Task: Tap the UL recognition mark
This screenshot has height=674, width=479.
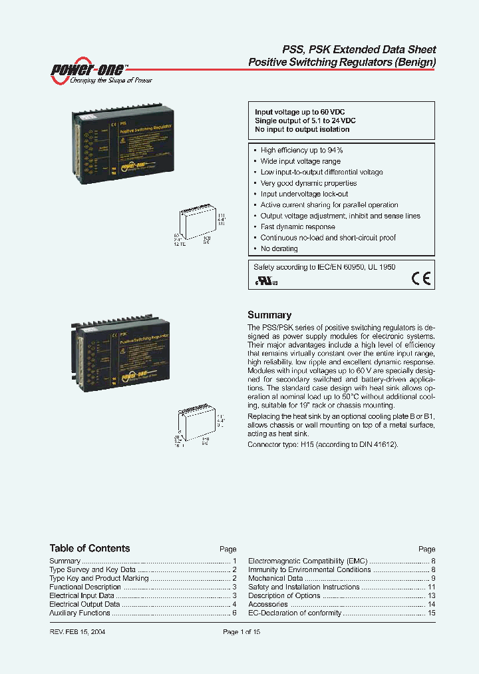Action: click(x=264, y=280)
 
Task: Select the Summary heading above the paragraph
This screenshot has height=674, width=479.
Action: click(x=269, y=315)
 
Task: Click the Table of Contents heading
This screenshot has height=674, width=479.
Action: click(x=90, y=548)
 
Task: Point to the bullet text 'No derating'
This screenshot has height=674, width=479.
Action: click(x=279, y=248)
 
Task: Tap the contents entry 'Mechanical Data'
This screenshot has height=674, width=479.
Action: click(x=275, y=578)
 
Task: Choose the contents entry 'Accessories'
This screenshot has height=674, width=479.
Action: click(x=267, y=604)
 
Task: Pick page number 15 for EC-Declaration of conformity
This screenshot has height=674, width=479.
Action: click(x=431, y=613)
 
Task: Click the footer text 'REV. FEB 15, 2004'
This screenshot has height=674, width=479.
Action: click(x=77, y=631)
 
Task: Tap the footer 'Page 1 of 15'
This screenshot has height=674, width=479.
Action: click(x=241, y=631)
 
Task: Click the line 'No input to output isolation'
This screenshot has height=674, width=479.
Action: click(x=302, y=129)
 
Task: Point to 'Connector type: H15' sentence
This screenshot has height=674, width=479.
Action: click(x=323, y=444)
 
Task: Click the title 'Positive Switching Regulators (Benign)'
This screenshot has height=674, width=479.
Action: click(x=342, y=62)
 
